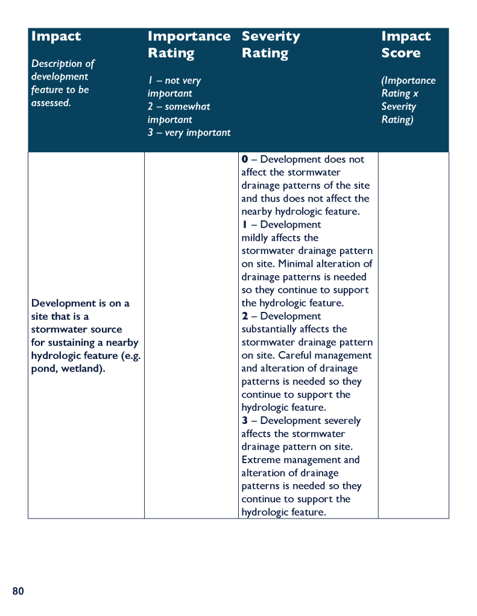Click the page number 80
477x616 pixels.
pos(18,591)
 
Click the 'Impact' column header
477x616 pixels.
pos(55,36)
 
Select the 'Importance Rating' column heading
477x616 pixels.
pos(189,45)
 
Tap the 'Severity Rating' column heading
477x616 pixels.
pos(271,45)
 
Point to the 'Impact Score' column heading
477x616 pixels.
pos(406,45)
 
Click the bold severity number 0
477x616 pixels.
pos(245,160)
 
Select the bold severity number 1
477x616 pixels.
pos(244,225)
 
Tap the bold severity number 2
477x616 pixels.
pos(245,316)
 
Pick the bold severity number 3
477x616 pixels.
pos(245,421)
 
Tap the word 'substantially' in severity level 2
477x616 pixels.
pos(271,329)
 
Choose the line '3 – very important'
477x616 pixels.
pos(189,132)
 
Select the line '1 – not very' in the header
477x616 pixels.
pos(174,81)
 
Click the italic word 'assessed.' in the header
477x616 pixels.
pos(51,103)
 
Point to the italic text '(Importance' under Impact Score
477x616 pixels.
pos(408,81)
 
